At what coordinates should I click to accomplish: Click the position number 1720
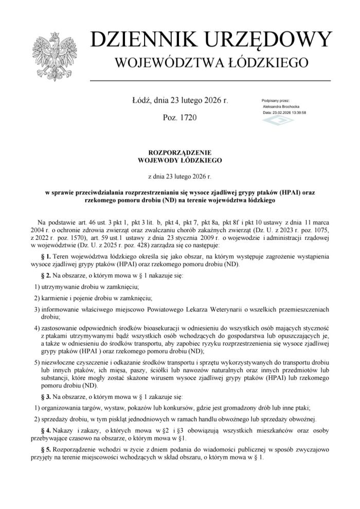click(x=186, y=118)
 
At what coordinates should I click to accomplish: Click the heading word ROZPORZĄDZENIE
click(x=179, y=153)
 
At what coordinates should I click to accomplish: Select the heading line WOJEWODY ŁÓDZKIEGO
click(x=179, y=161)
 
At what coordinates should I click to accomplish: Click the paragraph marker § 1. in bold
click(x=45, y=256)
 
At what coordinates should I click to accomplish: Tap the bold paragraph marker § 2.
click(x=45, y=276)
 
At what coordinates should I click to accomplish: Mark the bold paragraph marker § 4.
click(x=45, y=429)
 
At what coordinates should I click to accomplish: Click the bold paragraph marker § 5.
click(x=45, y=449)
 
